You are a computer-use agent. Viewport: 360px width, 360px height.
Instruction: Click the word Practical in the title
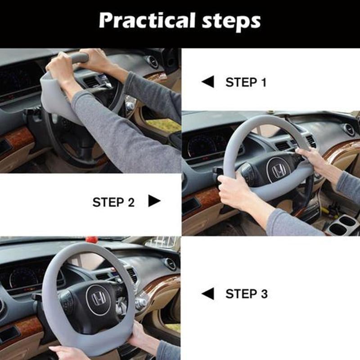pos(144,20)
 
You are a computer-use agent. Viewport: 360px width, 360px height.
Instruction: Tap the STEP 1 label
pos(246,82)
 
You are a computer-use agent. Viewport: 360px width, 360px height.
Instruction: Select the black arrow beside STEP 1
pos(208,82)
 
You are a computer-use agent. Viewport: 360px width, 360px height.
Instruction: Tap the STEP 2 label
pos(113,202)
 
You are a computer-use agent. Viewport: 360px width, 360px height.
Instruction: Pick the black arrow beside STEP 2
pos(154,201)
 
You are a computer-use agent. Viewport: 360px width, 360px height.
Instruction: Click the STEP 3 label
pos(246,294)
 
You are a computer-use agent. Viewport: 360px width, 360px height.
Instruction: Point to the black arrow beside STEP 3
pos(208,294)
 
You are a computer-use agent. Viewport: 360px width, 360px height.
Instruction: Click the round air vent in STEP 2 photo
pos(349,130)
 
